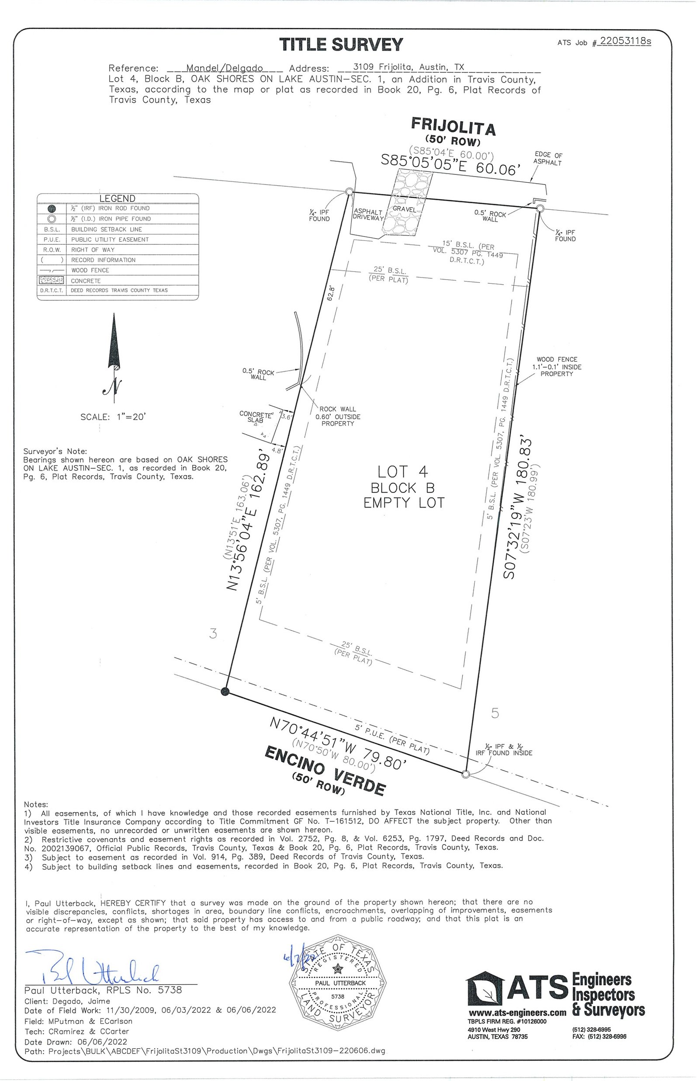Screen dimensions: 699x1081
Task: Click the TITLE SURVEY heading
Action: tap(341, 45)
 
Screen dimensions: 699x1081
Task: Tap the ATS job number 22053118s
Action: tap(625, 42)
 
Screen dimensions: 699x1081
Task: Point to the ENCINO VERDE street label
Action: tap(325, 771)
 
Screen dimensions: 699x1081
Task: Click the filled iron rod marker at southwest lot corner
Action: tap(225, 692)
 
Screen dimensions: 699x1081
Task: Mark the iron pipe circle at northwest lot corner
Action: tap(349, 191)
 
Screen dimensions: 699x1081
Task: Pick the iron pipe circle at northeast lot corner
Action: tap(540, 209)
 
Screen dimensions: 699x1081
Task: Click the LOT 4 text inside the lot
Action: tap(403, 472)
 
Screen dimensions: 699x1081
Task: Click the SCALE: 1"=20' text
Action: tap(113, 417)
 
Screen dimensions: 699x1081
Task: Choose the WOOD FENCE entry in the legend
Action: tap(90, 270)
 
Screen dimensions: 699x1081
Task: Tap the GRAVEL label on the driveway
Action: tap(404, 209)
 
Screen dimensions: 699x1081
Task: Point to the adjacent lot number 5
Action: tap(495, 713)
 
